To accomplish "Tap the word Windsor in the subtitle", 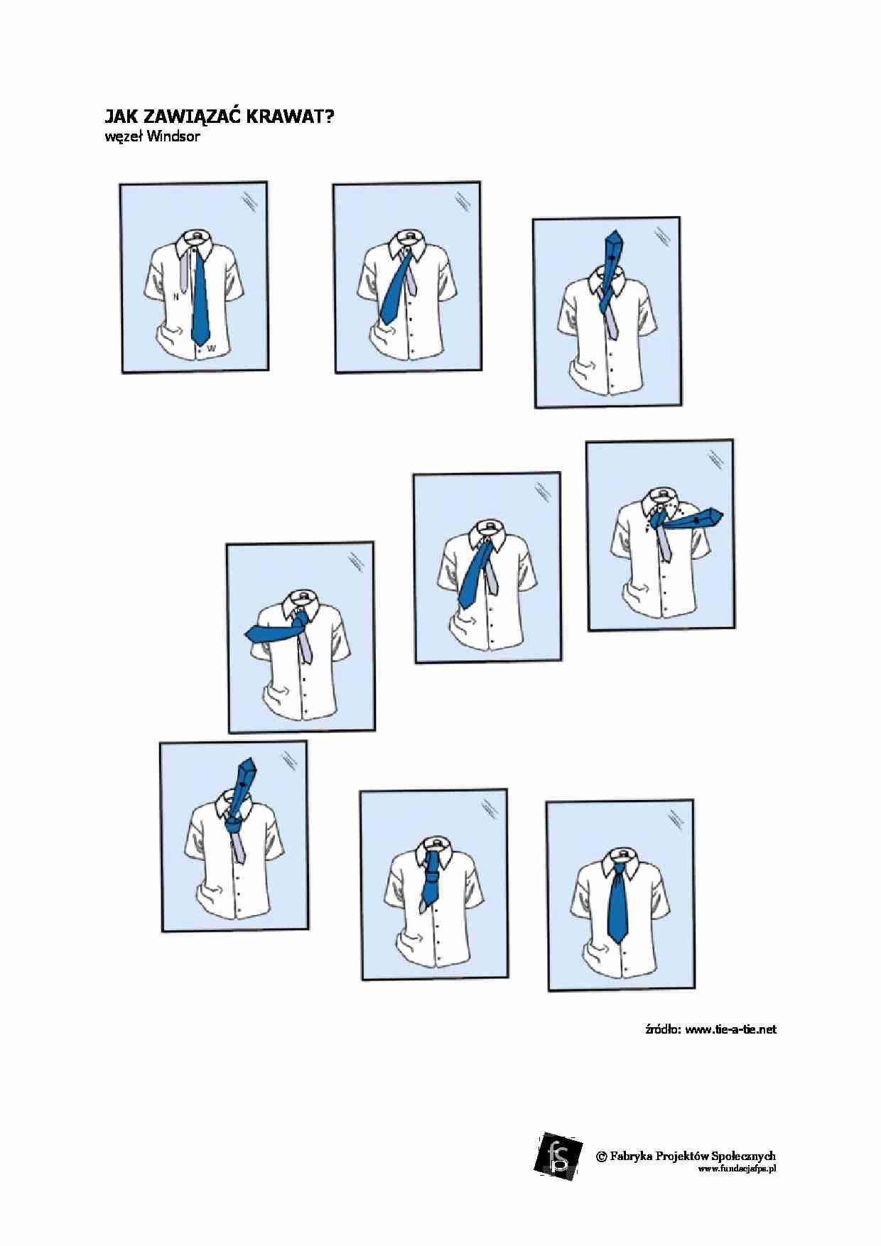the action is coord(174,136).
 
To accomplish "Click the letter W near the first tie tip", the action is coord(211,347).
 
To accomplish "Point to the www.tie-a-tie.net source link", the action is coord(731,1029).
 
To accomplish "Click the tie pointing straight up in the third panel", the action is coord(610,266).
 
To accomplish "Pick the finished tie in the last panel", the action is coord(618,901).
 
